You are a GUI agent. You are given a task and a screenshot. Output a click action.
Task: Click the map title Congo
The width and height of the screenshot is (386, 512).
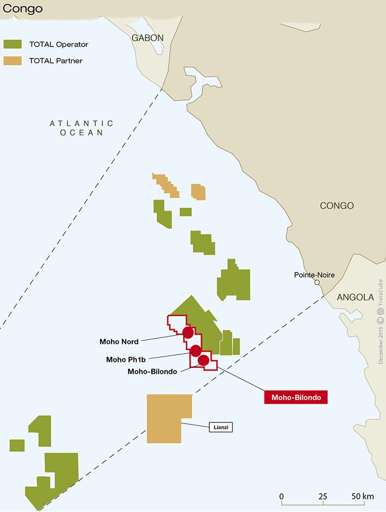pos(22,9)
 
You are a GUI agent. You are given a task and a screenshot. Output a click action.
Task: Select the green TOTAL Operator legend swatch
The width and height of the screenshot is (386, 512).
pos(13,44)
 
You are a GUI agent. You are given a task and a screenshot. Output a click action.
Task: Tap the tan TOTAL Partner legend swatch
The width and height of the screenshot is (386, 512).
pos(13,61)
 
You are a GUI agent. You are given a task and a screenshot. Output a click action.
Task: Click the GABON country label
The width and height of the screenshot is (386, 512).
pos(149,38)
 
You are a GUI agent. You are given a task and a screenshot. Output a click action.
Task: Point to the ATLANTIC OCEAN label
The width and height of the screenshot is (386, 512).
pos(82,128)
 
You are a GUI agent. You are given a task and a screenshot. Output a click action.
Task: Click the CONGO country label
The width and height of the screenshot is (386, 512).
pos(337,205)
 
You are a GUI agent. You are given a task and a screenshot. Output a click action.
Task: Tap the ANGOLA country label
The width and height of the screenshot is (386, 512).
pos(355,297)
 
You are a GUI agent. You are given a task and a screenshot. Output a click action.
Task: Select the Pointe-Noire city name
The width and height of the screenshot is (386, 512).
pos(314,275)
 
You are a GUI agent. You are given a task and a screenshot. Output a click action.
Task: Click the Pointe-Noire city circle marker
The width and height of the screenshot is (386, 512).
pos(317,283)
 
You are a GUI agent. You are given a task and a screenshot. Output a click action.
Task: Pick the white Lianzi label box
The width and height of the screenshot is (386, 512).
pos(221,427)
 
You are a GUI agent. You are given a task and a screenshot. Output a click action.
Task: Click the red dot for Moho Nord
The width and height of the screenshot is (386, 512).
pos(188,332)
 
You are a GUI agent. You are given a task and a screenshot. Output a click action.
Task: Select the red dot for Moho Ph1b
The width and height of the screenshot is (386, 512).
pos(195,350)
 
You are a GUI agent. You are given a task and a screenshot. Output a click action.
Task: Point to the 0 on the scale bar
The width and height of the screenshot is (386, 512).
pos(281,496)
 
